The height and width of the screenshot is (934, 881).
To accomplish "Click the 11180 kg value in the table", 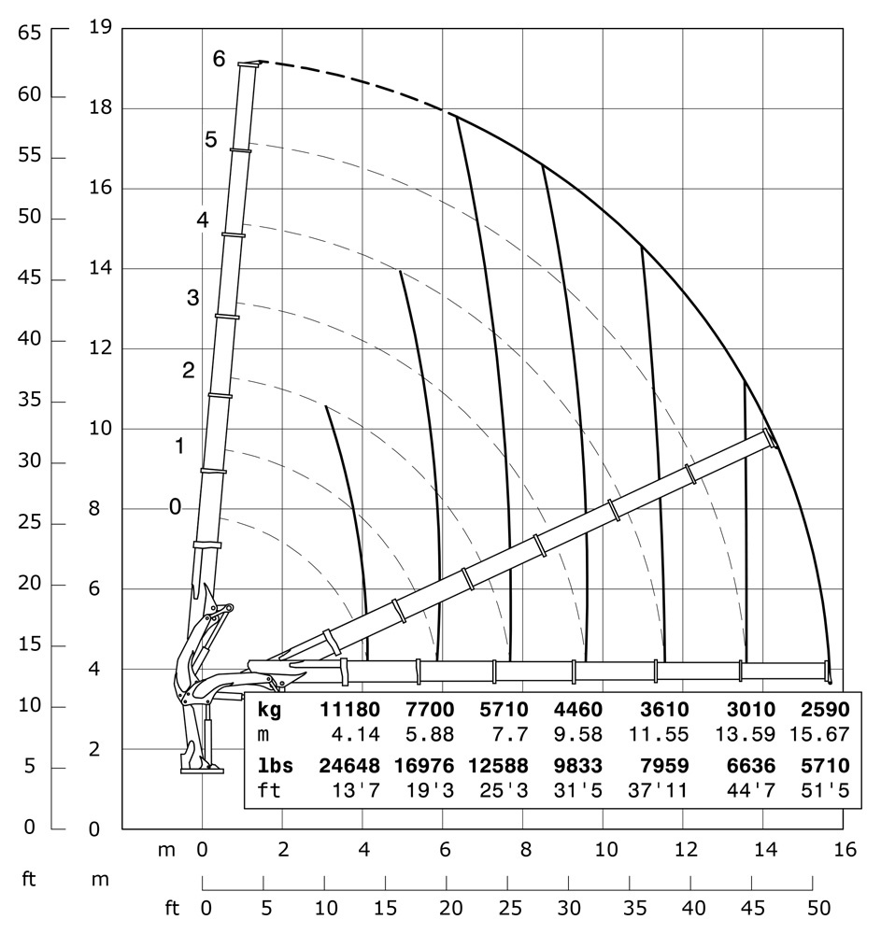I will [x=350, y=709].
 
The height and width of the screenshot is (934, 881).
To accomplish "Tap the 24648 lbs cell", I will [x=350, y=766].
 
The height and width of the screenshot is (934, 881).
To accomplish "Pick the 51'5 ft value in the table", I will [x=826, y=792].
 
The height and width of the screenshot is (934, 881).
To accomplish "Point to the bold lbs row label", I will [x=275, y=766].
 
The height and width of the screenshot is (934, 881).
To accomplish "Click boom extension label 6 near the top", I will [x=219, y=58].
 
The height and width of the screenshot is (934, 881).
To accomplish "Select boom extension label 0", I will [x=175, y=506].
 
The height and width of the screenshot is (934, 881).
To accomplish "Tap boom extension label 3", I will [x=192, y=299].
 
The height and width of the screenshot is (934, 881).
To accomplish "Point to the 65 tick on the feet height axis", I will [x=29, y=32].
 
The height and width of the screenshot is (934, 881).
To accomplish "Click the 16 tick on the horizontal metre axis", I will [x=845, y=850].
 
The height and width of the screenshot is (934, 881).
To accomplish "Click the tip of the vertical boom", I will [x=249, y=64].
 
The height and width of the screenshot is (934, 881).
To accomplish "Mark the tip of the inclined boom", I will [x=771, y=437].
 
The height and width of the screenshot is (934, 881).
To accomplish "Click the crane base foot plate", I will [x=202, y=770].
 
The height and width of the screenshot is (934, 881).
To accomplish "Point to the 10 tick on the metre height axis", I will [x=100, y=429].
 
